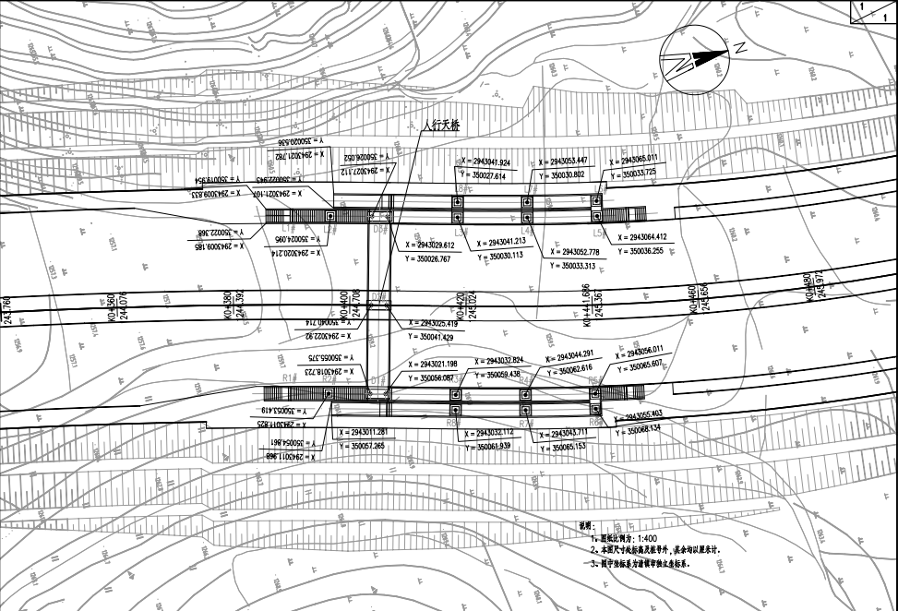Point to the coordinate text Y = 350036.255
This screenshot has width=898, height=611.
pyautogui.click(x=646, y=250)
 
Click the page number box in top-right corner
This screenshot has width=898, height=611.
pyautogui.click(x=872, y=11)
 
